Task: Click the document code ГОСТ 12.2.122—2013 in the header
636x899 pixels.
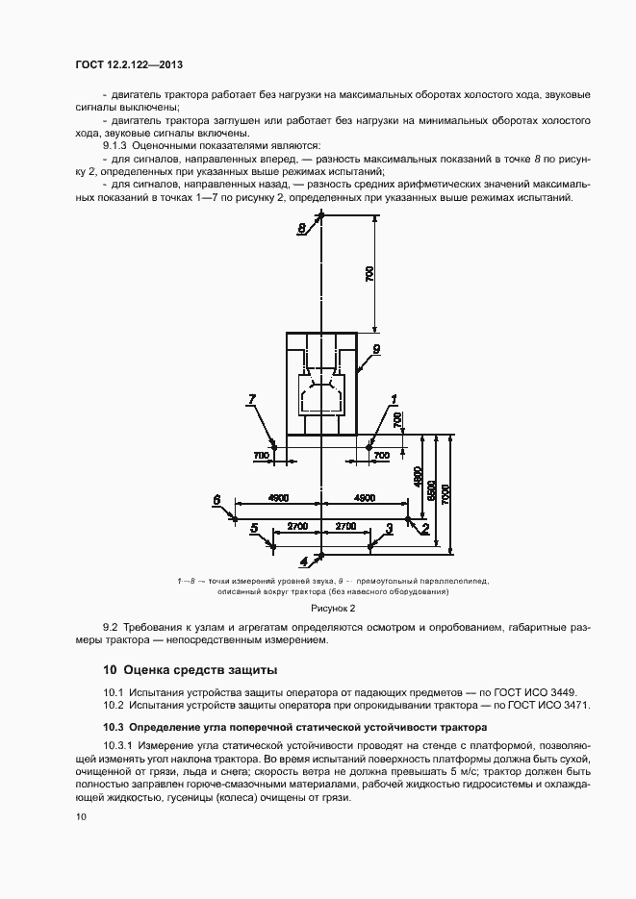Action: pos(128,64)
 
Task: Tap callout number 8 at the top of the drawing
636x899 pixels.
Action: pos(301,228)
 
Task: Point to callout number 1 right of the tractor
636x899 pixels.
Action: pos(394,398)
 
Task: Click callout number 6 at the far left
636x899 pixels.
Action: pos(216,500)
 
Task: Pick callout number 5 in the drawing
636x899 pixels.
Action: pos(254,528)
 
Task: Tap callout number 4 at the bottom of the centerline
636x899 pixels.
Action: pos(304,560)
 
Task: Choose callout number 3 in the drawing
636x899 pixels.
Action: pos(389,528)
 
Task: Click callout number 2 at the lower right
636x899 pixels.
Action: pos(424,528)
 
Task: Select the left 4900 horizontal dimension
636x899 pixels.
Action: pos(277,498)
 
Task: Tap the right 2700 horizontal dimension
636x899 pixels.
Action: pos(344,526)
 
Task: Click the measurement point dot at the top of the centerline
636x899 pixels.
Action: pos(321,217)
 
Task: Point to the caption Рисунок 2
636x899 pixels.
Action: pos(333,608)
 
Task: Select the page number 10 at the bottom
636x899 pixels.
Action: pos(80,816)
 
